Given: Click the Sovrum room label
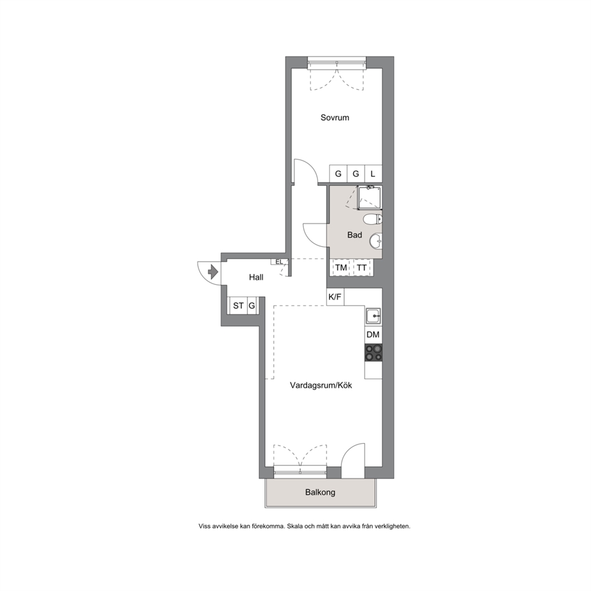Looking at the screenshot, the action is pos(335,117).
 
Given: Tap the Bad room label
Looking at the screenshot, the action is pos(354,235).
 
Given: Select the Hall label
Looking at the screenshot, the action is pos(256,278).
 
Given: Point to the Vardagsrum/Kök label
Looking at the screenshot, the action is pos(321,385).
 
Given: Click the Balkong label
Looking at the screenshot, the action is pos(320,492).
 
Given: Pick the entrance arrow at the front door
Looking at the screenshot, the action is pos(213,271).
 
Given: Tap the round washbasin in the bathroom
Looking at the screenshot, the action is pos(375,241).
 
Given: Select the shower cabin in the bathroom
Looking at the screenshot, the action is pos(369,198).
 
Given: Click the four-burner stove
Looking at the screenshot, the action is pos(373,353).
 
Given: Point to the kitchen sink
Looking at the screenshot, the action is pos(373,316).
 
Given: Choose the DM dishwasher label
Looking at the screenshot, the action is pos(373,335).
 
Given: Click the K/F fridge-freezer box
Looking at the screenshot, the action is pos(335,297).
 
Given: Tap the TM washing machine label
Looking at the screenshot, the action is pos(341,268).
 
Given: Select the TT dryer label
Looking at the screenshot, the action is pos(362,268).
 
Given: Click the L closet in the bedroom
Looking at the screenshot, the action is pos(373,174).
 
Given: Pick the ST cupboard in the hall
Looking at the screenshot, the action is pos(238,306).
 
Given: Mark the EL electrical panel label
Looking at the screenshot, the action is pos(279,262).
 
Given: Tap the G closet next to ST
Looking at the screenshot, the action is pos(252,306).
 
